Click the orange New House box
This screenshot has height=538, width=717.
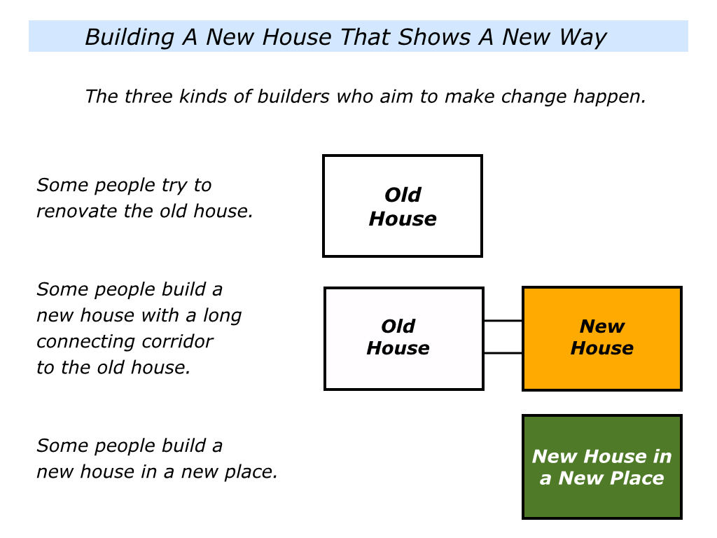pos(601,338)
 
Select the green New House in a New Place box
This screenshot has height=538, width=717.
pos(601,467)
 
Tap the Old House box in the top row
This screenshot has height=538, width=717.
pos(403,206)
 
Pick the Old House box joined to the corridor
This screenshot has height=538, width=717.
pos(404,338)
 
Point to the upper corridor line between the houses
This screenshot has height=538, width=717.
pos(503,321)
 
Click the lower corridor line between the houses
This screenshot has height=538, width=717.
pos(503,353)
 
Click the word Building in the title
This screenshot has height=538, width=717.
pos(130,38)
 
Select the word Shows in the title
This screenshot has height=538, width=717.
pos(434,37)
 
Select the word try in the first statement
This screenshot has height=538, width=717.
pos(174,186)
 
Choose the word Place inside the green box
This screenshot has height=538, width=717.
pos(637,478)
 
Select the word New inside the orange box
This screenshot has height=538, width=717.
pos(601,326)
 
